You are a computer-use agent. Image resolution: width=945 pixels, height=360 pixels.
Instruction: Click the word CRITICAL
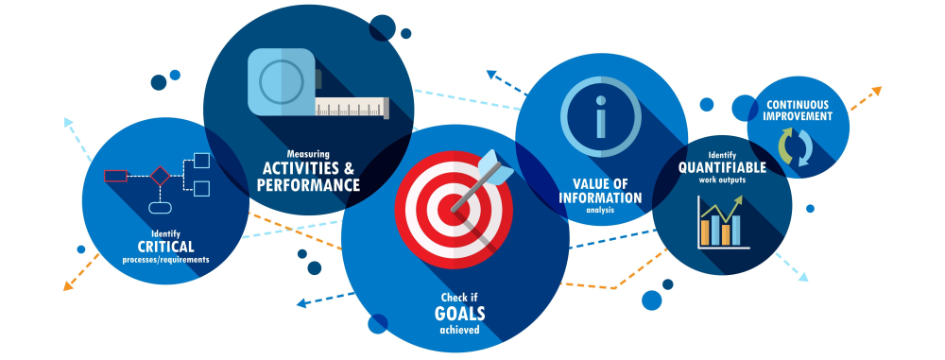pyautogui.click(x=165, y=247)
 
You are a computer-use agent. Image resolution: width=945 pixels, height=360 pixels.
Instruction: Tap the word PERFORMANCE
pyautogui.click(x=308, y=185)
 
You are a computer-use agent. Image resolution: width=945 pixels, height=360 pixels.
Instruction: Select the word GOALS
pyautogui.click(x=458, y=314)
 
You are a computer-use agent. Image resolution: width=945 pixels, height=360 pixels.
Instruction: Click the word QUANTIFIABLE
pyautogui.click(x=722, y=168)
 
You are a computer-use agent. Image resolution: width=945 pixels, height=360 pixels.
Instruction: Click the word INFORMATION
pyautogui.click(x=600, y=198)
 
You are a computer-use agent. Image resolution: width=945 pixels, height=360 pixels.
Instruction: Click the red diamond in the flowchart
pyautogui.click(x=160, y=175)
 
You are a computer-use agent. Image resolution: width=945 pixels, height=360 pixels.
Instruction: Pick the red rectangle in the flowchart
pyautogui.click(x=115, y=175)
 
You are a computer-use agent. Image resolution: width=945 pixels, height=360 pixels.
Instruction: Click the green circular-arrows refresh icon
pyautogui.click(x=793, y=148)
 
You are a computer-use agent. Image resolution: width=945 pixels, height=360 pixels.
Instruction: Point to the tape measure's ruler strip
pyautogui.click(x=352, y=108)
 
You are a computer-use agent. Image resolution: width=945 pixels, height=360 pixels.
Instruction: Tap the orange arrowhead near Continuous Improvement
pyautogui.click(x=876, y=92)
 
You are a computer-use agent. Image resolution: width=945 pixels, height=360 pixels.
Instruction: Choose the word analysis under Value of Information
pyautogui.click(x=600, y=211)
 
